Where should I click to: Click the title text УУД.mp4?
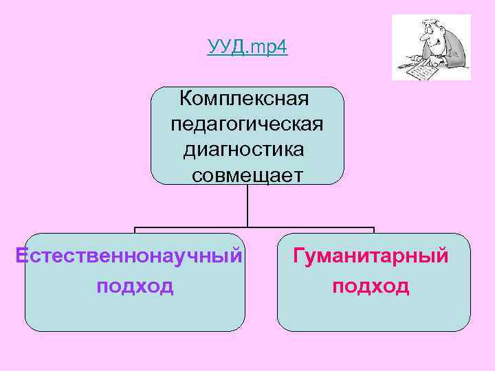tap(247, 47)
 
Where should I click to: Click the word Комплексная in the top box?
tap(244, 99)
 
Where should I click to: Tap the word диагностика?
tap(244, 150)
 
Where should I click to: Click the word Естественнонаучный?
tap(129, 256)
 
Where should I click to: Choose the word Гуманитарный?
tap(371, 256)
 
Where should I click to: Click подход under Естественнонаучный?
tap(135, 285)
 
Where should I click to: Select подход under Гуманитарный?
tap(371, 285)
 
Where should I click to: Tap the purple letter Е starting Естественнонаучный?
tap(21, 256)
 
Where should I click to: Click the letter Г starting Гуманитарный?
tap(298, 256)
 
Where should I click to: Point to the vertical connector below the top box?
tap(247, 205)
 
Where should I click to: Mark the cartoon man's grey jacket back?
tap(457, 52)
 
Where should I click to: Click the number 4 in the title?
tap(283, 47)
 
